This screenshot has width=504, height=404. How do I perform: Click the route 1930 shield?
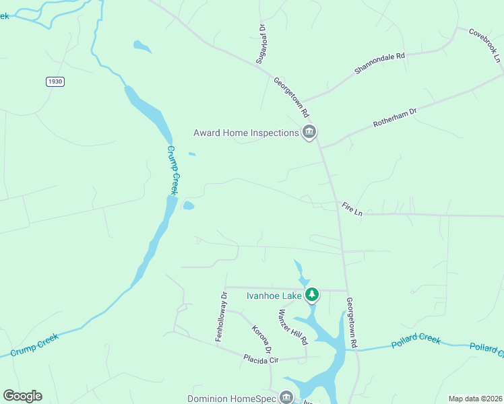click(55, 81)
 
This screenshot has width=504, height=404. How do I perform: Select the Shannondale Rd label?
click(380, 64)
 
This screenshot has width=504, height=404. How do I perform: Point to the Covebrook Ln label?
click(486, 46)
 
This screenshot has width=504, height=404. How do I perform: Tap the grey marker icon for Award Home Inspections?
click(309, 132)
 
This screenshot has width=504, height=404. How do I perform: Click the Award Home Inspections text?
click(246, 133)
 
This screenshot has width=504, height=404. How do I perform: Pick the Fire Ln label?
click(352, 209)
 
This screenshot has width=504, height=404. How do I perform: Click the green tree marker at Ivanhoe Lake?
click(312, 294)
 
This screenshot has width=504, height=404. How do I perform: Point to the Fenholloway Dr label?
click(222, 316)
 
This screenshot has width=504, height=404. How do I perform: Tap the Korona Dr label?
click(261, 339)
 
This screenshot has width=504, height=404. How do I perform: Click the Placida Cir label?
click(261, 360)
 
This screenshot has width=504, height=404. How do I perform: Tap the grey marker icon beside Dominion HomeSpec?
click(286, 397)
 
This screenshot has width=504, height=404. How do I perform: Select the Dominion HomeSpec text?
click(233, 397)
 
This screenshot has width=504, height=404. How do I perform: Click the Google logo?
click(22, 396)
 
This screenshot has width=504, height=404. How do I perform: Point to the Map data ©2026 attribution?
click(476, 399)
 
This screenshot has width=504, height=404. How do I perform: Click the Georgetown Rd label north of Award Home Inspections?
click(290, 96)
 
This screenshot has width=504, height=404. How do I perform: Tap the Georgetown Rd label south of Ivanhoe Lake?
click(351, 323)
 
